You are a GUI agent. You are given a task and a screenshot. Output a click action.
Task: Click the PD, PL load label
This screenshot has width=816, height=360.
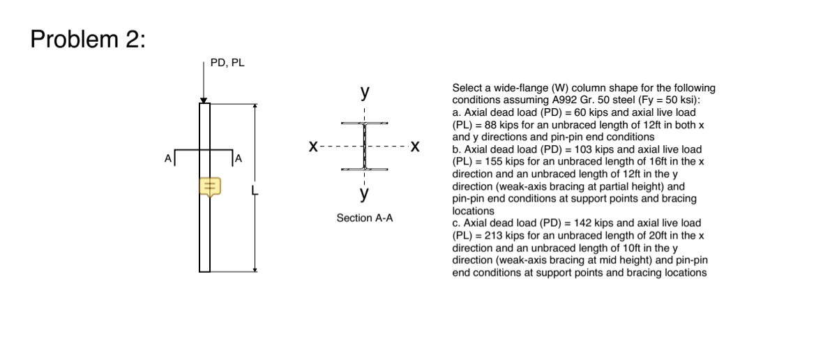(x=227, y=63)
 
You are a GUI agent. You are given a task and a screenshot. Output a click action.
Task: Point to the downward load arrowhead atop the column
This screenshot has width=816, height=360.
(x=203, y=100)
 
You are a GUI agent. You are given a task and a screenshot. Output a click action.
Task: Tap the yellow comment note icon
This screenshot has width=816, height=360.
(x=210, y=186)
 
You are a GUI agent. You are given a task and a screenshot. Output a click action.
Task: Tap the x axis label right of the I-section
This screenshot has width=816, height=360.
(x=416, y=147)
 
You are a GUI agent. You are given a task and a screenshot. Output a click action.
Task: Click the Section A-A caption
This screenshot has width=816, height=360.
(x=365, y=218)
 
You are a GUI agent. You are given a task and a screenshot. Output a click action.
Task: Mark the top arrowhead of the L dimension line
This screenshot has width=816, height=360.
(x=255, y=106)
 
